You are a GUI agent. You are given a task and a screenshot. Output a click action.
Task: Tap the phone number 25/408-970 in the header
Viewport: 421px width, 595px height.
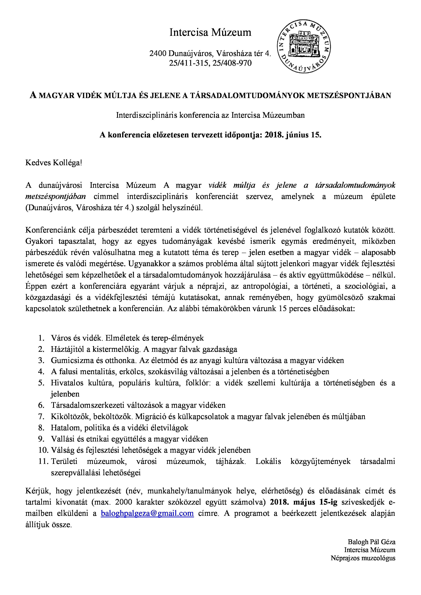(232, 63)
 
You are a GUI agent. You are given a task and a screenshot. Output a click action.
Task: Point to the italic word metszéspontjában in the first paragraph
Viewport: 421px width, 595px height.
(55, 196)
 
